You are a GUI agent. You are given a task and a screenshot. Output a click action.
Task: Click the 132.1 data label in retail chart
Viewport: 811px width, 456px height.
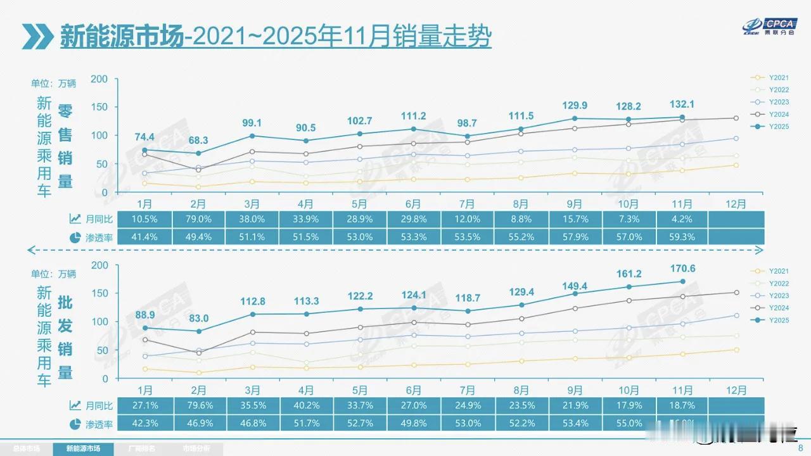[x=682, y=104]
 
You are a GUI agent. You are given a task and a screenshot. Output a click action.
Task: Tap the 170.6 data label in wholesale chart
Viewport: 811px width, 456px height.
[x=682, y=269]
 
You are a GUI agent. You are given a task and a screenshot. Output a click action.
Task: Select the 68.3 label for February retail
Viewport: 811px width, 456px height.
[x=198, y=139]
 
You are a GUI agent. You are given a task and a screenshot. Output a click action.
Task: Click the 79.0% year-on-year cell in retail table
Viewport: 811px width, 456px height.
[x=198, y=219]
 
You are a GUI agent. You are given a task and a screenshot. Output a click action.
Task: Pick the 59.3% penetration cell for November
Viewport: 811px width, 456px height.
[x=682, y=237]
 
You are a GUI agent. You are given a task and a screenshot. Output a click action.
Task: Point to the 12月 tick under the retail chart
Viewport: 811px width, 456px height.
[x=736, y=204]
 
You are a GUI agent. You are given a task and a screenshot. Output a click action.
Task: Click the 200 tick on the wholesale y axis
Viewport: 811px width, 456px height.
[x=100, y=265]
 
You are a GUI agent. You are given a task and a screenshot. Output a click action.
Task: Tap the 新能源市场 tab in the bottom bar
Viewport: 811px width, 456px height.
[x=84, y=448]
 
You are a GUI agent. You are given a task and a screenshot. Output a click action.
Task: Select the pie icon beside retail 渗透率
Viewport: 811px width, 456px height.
[x=75, y=237]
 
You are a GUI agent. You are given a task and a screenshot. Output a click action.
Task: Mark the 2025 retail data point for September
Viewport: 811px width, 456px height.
[x=575, y=118]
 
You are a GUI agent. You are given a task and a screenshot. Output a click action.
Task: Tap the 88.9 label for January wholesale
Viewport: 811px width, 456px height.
[x=144, y=315]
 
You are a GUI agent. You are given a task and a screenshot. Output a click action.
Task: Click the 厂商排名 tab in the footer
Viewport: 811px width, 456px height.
[x=142, y=448]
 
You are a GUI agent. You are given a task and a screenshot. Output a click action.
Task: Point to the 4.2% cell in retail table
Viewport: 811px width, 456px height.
[x=682, y=219]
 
